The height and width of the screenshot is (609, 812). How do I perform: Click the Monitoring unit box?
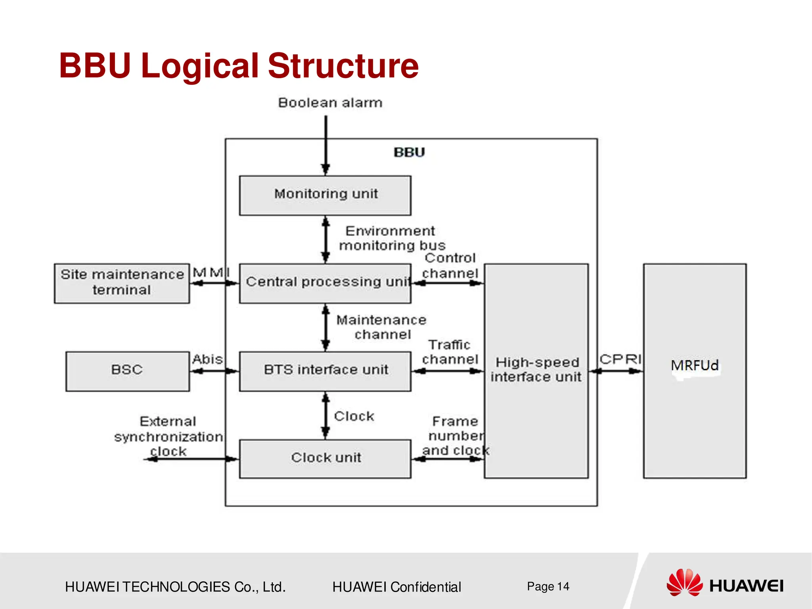(325, 195)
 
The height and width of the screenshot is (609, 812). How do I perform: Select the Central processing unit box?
(325, 283)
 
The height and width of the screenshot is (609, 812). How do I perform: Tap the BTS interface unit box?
(325, 371)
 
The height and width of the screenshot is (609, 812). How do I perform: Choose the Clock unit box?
(325, 458)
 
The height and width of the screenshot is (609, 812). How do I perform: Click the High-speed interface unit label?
(536, 370)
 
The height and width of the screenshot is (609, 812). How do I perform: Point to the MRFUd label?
(695, 365)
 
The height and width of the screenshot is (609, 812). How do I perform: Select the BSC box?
(127, 371)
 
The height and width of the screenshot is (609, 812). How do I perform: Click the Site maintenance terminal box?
(122, 283)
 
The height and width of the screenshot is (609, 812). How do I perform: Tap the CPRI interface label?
(620, 359)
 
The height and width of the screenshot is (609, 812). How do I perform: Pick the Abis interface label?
(207, 359)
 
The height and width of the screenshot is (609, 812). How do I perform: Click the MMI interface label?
(211, 273)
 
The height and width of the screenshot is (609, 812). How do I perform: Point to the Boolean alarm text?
(330, 103)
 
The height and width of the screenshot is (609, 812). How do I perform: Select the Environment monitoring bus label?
(391, 238)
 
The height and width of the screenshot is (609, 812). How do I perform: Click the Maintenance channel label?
(381, 327)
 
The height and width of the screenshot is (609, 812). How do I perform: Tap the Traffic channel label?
(450, 352)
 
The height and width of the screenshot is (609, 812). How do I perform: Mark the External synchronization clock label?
(168, 436)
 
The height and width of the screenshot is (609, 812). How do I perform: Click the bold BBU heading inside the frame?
(409, 152)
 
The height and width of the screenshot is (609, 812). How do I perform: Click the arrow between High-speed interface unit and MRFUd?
(616, 371)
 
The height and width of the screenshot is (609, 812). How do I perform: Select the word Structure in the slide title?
(343, 66)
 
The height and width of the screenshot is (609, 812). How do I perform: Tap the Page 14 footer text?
(548, 586)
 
